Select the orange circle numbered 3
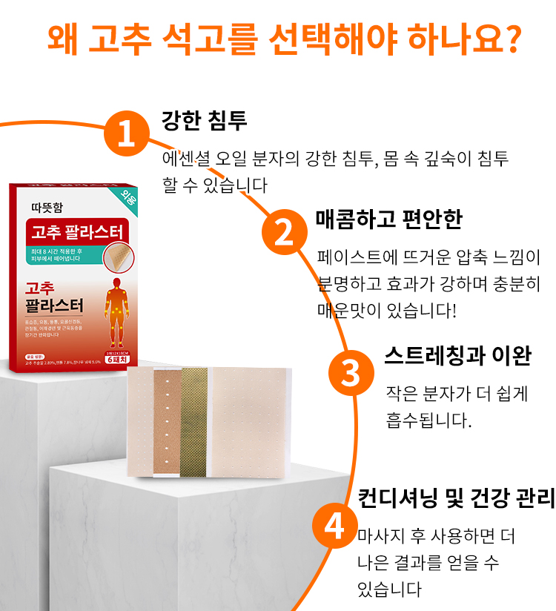[x=350, y=372]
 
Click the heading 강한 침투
[x=204, y=121]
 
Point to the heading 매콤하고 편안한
[x=388, y=219]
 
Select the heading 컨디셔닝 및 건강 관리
[x=456, y=499]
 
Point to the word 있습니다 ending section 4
[x=389, y=589]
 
